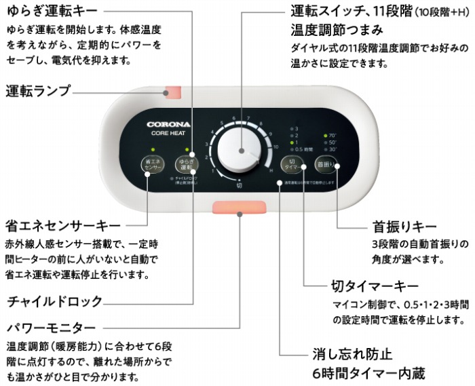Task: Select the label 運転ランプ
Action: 38,90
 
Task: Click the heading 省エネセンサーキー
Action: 62,225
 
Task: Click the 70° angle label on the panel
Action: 332,135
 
